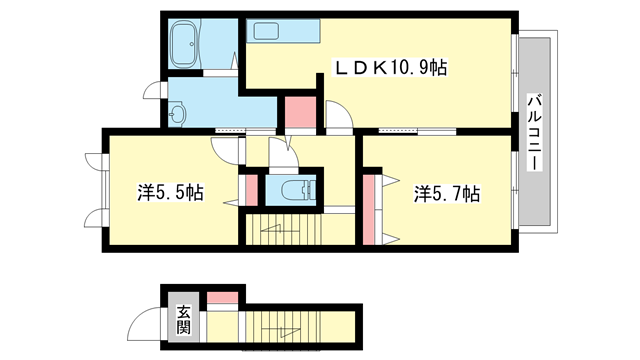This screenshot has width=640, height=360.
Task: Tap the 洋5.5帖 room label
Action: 170,192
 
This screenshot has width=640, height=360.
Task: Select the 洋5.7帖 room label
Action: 447,192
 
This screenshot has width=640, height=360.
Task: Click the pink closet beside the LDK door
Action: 299,111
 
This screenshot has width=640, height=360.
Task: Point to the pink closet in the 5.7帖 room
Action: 373,208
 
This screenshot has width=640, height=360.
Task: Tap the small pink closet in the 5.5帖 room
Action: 249,188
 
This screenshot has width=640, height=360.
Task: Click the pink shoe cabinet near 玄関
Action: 224,297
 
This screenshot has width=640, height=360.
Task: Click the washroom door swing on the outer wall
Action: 156,92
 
